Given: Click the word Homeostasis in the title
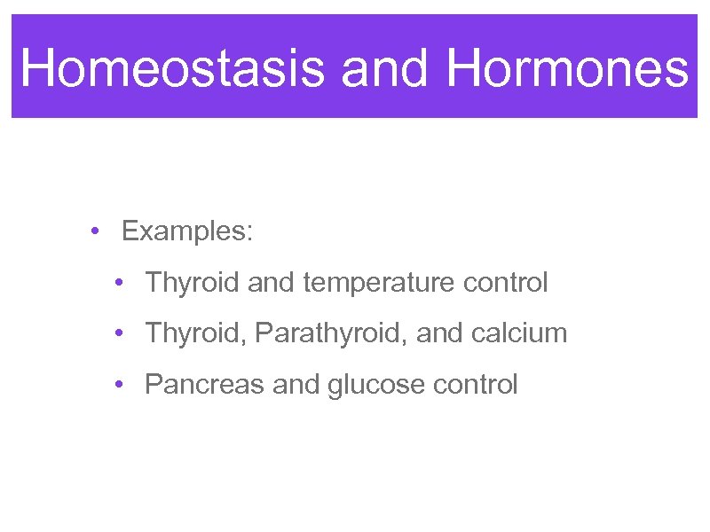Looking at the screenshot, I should pyautogui.click(x=173, y=67).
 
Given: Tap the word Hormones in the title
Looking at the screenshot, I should pyautogui.click(x=567, y=67).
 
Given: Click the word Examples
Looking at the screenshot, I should pyautogui.click(x=187, y=232).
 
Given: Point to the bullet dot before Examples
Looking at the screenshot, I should pyautogui.click(x=94, y=232).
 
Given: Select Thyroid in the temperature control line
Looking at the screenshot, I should pyautogui.click(x=193, y=284).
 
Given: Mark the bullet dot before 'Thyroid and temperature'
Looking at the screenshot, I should pyautogui.click(x=118, y=284).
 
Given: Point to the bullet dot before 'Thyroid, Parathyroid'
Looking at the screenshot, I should pyautogui.click(x=118, y=334).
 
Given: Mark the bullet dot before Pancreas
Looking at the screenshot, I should pyautogui.click(x=118, y=386).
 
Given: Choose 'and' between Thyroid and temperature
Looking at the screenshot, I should pyautogui.click(x=272, y=284).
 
